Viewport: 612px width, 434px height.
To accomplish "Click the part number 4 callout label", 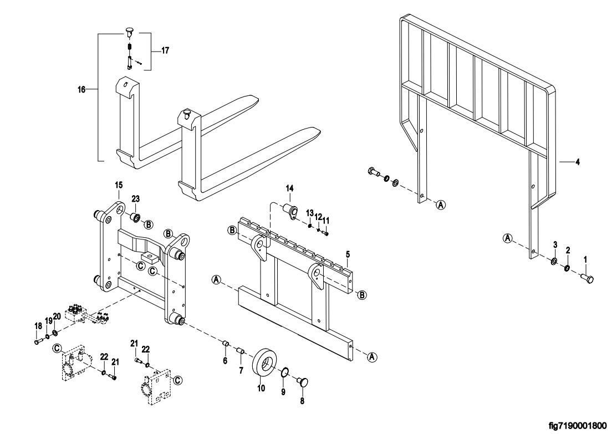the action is point(578,162).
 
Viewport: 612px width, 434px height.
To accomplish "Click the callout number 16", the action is point(81,90).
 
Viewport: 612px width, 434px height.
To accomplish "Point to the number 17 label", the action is point(165,50).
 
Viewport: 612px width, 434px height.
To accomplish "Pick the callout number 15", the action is point(119,185).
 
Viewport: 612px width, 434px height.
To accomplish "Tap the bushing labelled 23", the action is point(135,217).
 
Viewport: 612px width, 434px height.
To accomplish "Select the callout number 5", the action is point(348,254).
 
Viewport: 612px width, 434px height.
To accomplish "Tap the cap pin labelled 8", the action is point(303,382).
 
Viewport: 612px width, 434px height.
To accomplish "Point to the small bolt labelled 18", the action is point(38,341).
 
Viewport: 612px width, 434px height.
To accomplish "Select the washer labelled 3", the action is point(554,261).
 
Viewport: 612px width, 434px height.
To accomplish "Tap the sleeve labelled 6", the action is point(225,344).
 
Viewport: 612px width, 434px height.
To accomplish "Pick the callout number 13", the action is point(309,213).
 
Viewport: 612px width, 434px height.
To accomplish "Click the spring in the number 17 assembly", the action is point(129,48).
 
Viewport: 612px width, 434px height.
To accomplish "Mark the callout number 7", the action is point(241,370).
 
